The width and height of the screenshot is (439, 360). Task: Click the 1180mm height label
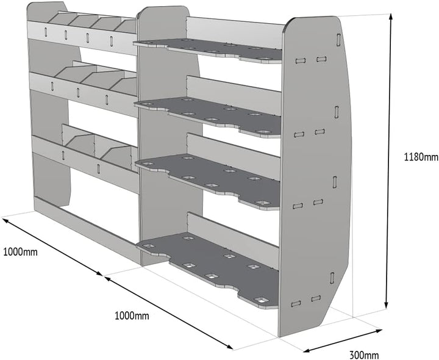[x=421, y=157]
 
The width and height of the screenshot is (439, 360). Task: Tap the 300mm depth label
[x=364, y=355]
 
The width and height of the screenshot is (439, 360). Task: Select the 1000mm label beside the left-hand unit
[x=20, y=252]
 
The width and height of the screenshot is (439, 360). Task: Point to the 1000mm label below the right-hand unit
[x=132, y=315]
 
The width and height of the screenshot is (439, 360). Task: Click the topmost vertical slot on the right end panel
[x=338, y=40]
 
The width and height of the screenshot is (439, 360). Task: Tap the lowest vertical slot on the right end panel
[x=332, y=278]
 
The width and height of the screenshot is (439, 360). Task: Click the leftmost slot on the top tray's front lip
[x=46, y=32]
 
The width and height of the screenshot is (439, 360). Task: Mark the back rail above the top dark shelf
[x=235, y=32]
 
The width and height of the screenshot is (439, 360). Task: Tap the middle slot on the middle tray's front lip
[x=78, y=93]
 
